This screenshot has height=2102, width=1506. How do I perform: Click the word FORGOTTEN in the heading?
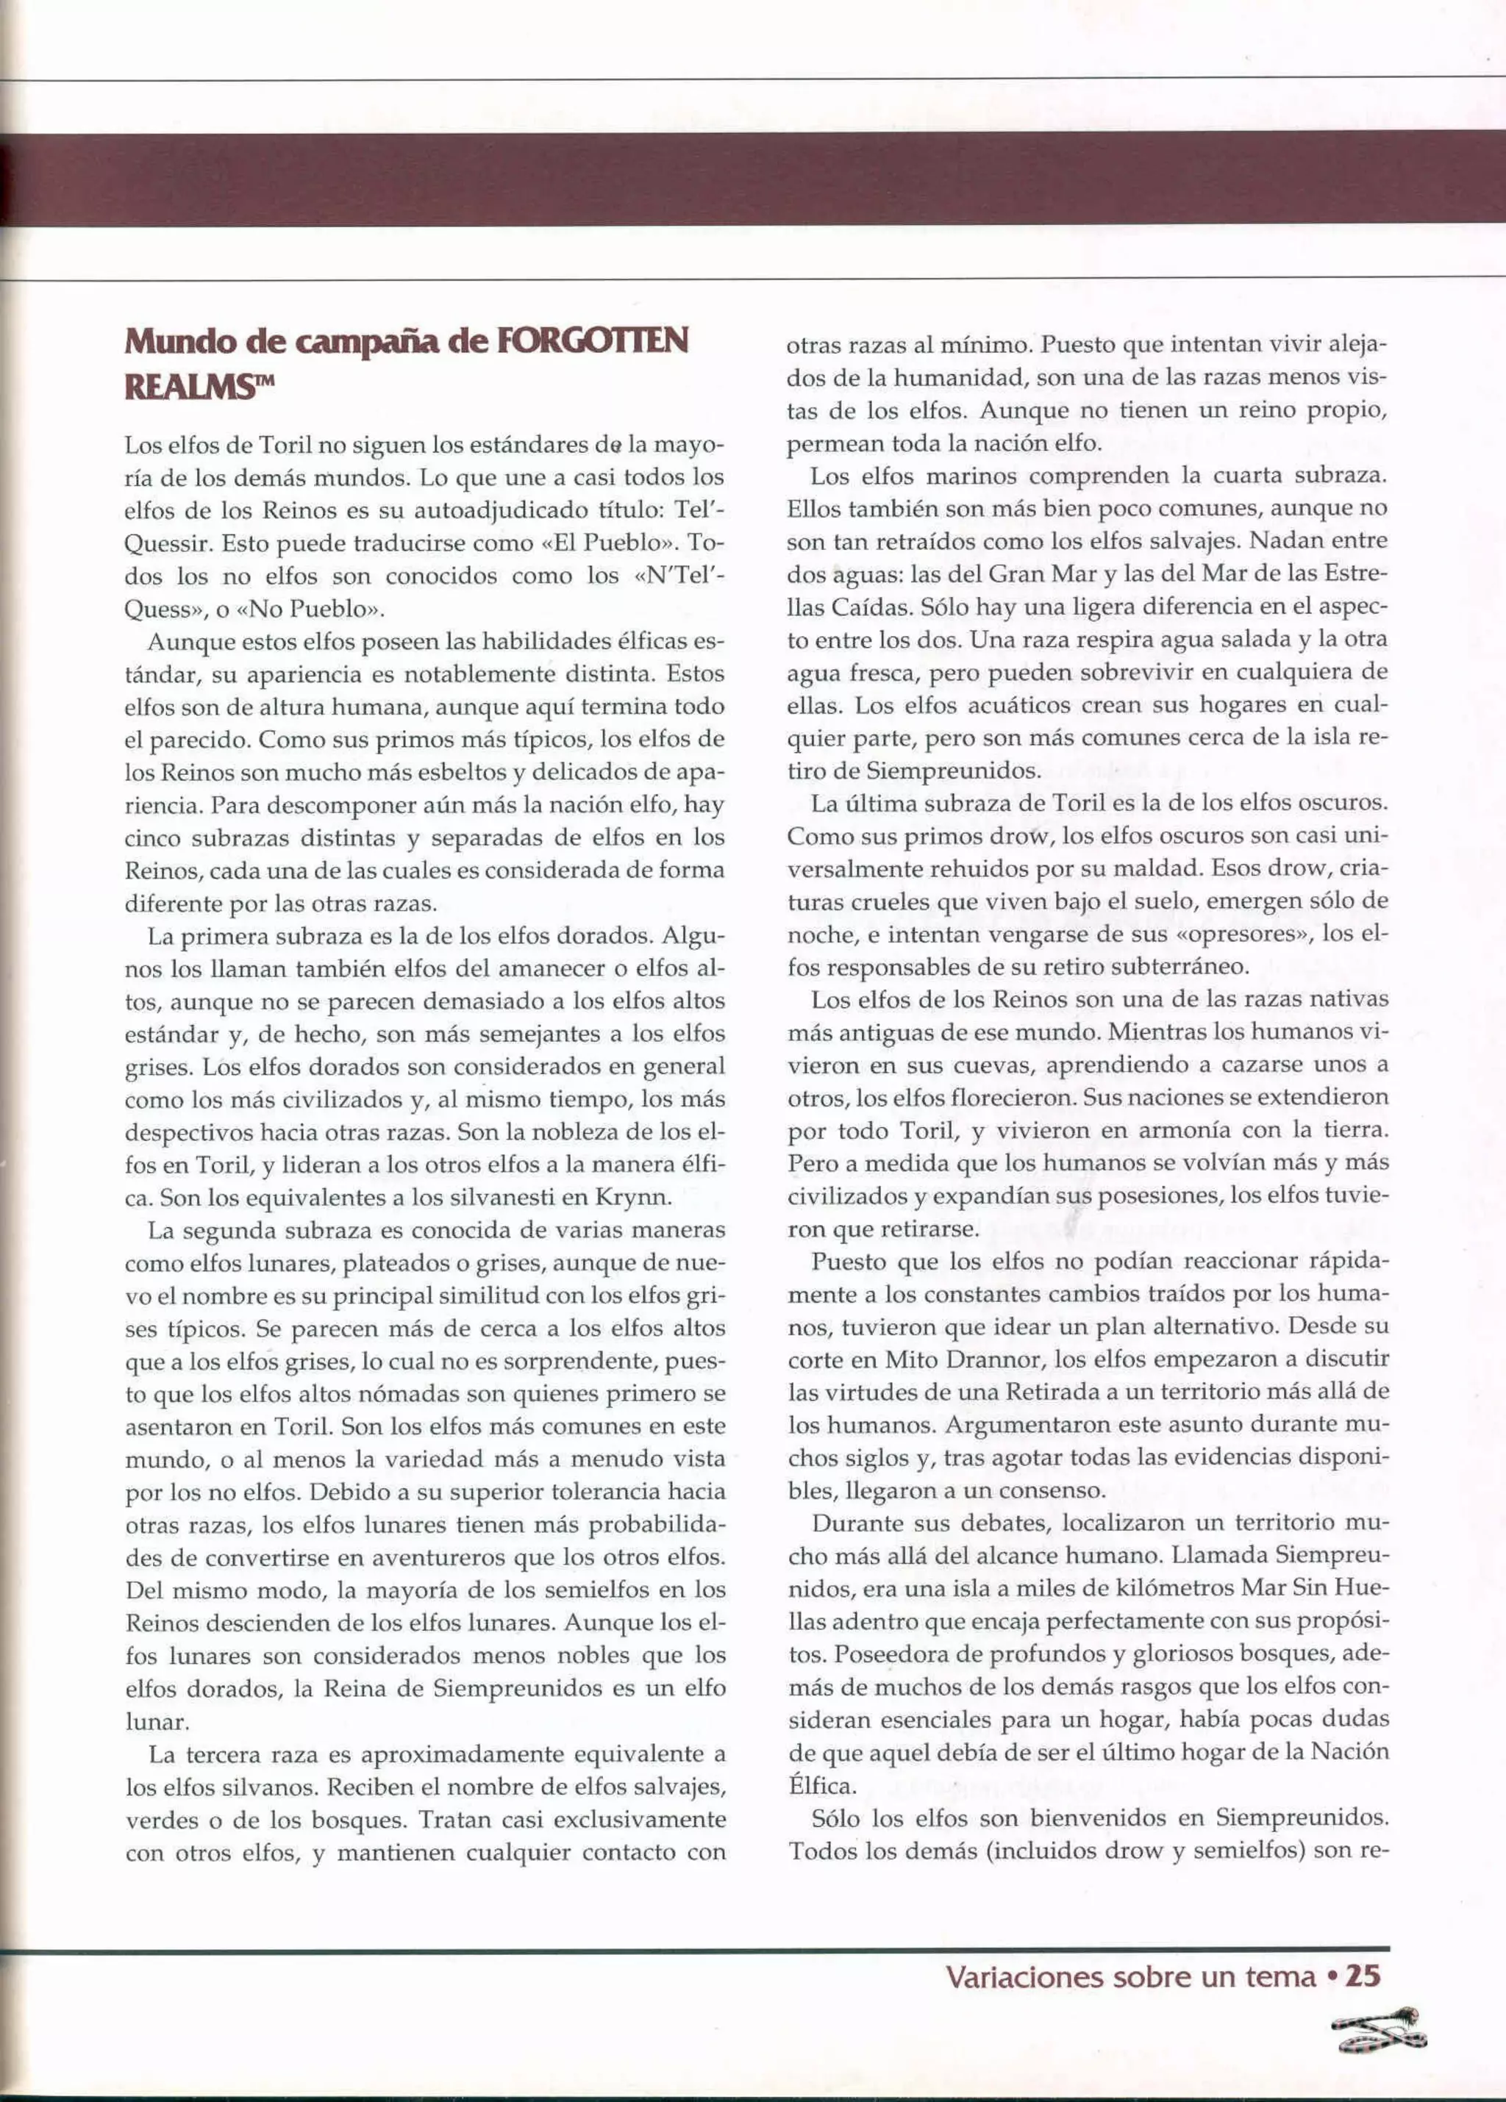tap(593, 341)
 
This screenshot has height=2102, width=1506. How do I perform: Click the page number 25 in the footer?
tap(1363, 1976)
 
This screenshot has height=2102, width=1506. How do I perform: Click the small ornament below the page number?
tap(1379, 2030)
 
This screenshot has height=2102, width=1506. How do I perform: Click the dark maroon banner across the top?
tap(752, 178)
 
